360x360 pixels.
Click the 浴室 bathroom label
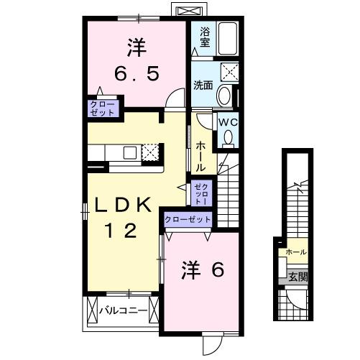pyautogui.click(x=204, y=36)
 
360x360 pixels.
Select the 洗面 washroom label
pyautogui.click(x=203, y=85)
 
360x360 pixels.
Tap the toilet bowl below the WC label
pyautogui.click(x=229, y=137)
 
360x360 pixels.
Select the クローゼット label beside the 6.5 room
pyautogui.click(x=102, y=108)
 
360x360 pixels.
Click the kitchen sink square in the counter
pyautogui.click(x=130, y=152)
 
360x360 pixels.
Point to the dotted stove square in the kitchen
pyautogui.click(x=150, y=152)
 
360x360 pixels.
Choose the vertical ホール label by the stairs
pyautogui.click(x=200, y=154)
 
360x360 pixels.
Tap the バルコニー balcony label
pyautogui.click(x=123, y=310)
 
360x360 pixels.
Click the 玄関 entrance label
pyautogui.click(x=297, y=276)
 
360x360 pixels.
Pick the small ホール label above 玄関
pyautogui.click(x=296, y=253)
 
